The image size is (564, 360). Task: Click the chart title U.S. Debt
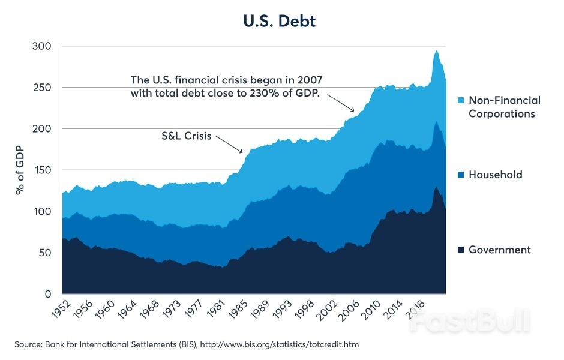coord(279,22)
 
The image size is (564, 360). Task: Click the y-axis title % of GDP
coord(20,170)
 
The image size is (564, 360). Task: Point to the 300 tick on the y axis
coord(43,46)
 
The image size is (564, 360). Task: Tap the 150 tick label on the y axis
coord(43,170)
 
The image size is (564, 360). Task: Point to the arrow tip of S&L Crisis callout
coord(242,153)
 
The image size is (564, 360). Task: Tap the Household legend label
coord(495,175)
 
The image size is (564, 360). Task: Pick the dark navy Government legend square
coord(460,249)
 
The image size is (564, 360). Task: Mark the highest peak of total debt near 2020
coord(436,51)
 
